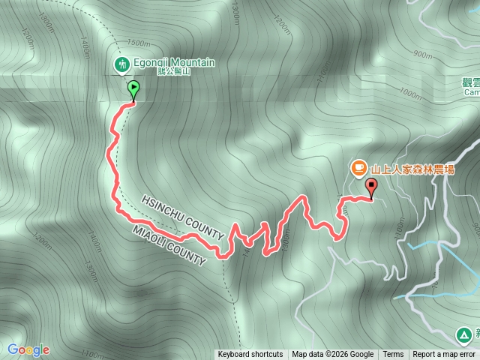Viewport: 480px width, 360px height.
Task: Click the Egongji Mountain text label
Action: point(174,63)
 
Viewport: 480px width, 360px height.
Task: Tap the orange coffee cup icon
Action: point(359,166)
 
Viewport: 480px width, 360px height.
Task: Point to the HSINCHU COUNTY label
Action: point(182,217)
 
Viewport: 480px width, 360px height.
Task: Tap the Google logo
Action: point(28,349)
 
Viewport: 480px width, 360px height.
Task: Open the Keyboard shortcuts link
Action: point(250,355)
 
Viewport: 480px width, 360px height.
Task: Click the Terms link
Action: point(393,355)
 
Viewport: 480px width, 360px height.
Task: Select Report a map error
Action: point(444,355)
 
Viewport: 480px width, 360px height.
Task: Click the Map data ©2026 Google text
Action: point(333,355)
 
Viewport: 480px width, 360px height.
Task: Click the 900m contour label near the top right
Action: point(422,54)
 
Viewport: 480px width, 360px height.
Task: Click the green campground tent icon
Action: point(466,334)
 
